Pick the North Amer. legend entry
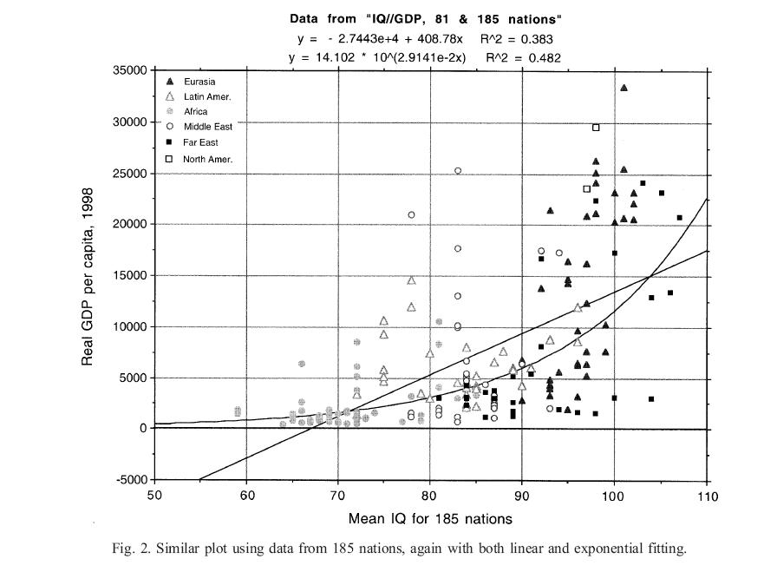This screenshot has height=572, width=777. pos(207,159)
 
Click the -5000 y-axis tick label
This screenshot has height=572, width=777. pos(132,480)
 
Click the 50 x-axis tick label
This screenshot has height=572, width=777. pos(154,496)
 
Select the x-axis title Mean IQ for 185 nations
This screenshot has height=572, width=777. pos(429,519)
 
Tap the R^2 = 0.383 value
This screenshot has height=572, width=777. pos(517,39)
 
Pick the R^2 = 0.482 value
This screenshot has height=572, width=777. pos(523,57)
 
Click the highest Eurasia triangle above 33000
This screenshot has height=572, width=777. pos(624,88)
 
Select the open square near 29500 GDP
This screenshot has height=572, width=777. pos(596,128)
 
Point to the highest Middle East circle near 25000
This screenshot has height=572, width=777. pos(458,171)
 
